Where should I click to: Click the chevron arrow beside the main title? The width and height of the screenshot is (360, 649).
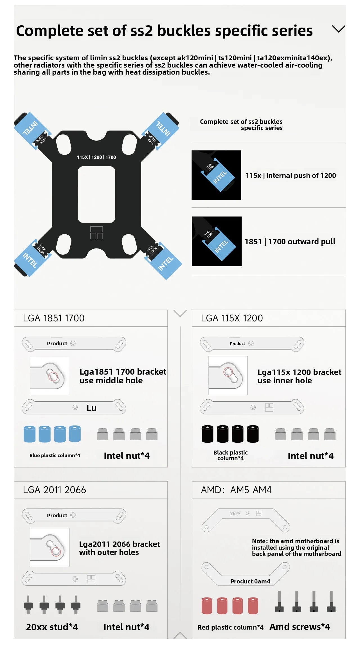tap(338, 29)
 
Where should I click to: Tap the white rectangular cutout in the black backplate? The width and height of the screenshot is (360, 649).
tap(96, 194)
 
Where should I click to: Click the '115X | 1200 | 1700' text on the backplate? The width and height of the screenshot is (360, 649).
tap(96, 157)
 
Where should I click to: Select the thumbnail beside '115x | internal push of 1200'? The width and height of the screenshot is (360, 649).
tap(216, 175)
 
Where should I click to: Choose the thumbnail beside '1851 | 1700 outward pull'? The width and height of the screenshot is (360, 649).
tap(217, 241)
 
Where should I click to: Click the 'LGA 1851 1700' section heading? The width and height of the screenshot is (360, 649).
tap(54, 318)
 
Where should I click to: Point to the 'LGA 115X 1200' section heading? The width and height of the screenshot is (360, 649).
tap(232, 318)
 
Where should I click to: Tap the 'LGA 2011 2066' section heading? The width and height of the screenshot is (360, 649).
tap(55, 490)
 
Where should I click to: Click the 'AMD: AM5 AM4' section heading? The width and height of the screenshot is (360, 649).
tap(236, 490)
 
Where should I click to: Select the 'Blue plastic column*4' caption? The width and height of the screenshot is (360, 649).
tap(55, 455)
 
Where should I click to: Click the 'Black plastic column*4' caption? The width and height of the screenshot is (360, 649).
tap(231, 455)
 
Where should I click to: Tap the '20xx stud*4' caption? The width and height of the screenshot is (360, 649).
tap(52, 627)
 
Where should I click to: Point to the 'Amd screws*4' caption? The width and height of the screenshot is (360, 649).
tap(300, 627)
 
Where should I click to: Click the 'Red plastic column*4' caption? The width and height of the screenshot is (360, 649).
tap(230, 627)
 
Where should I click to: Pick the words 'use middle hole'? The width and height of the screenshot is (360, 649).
tap(111, 381)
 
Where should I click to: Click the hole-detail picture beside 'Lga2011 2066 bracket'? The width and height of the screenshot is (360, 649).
tap(50, 547)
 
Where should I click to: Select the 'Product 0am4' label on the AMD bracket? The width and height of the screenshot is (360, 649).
tap(250, 581)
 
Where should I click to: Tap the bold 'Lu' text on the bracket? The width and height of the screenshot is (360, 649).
tap(91, 408)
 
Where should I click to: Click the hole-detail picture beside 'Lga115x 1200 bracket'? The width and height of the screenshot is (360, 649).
tap(228, 375)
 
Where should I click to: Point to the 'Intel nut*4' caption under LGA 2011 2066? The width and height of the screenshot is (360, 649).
tap(126, 627)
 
